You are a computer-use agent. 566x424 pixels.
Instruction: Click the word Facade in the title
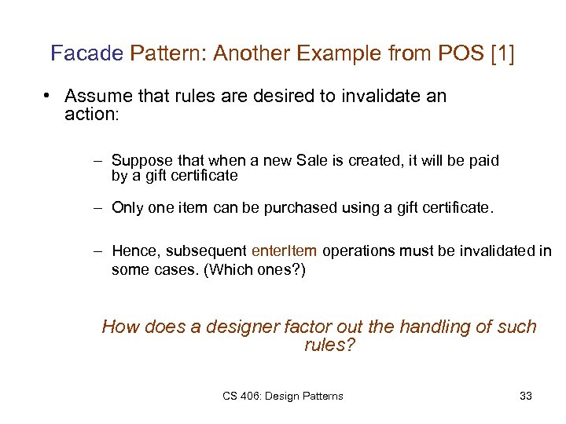click(86, 54)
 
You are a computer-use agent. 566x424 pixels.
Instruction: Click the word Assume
click(97, 97)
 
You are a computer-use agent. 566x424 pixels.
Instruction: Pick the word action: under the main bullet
click(90, 114)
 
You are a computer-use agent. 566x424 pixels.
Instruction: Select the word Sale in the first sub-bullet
click(311, 160)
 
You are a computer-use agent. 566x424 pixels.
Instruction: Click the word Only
click(127, 208)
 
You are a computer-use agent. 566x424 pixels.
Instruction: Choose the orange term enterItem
click(285, 251)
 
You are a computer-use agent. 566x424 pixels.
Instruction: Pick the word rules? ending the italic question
click(329, 345)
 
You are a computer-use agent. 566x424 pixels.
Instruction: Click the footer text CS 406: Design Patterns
click(282, 396)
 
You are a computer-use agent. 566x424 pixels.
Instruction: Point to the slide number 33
click(526, 396)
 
